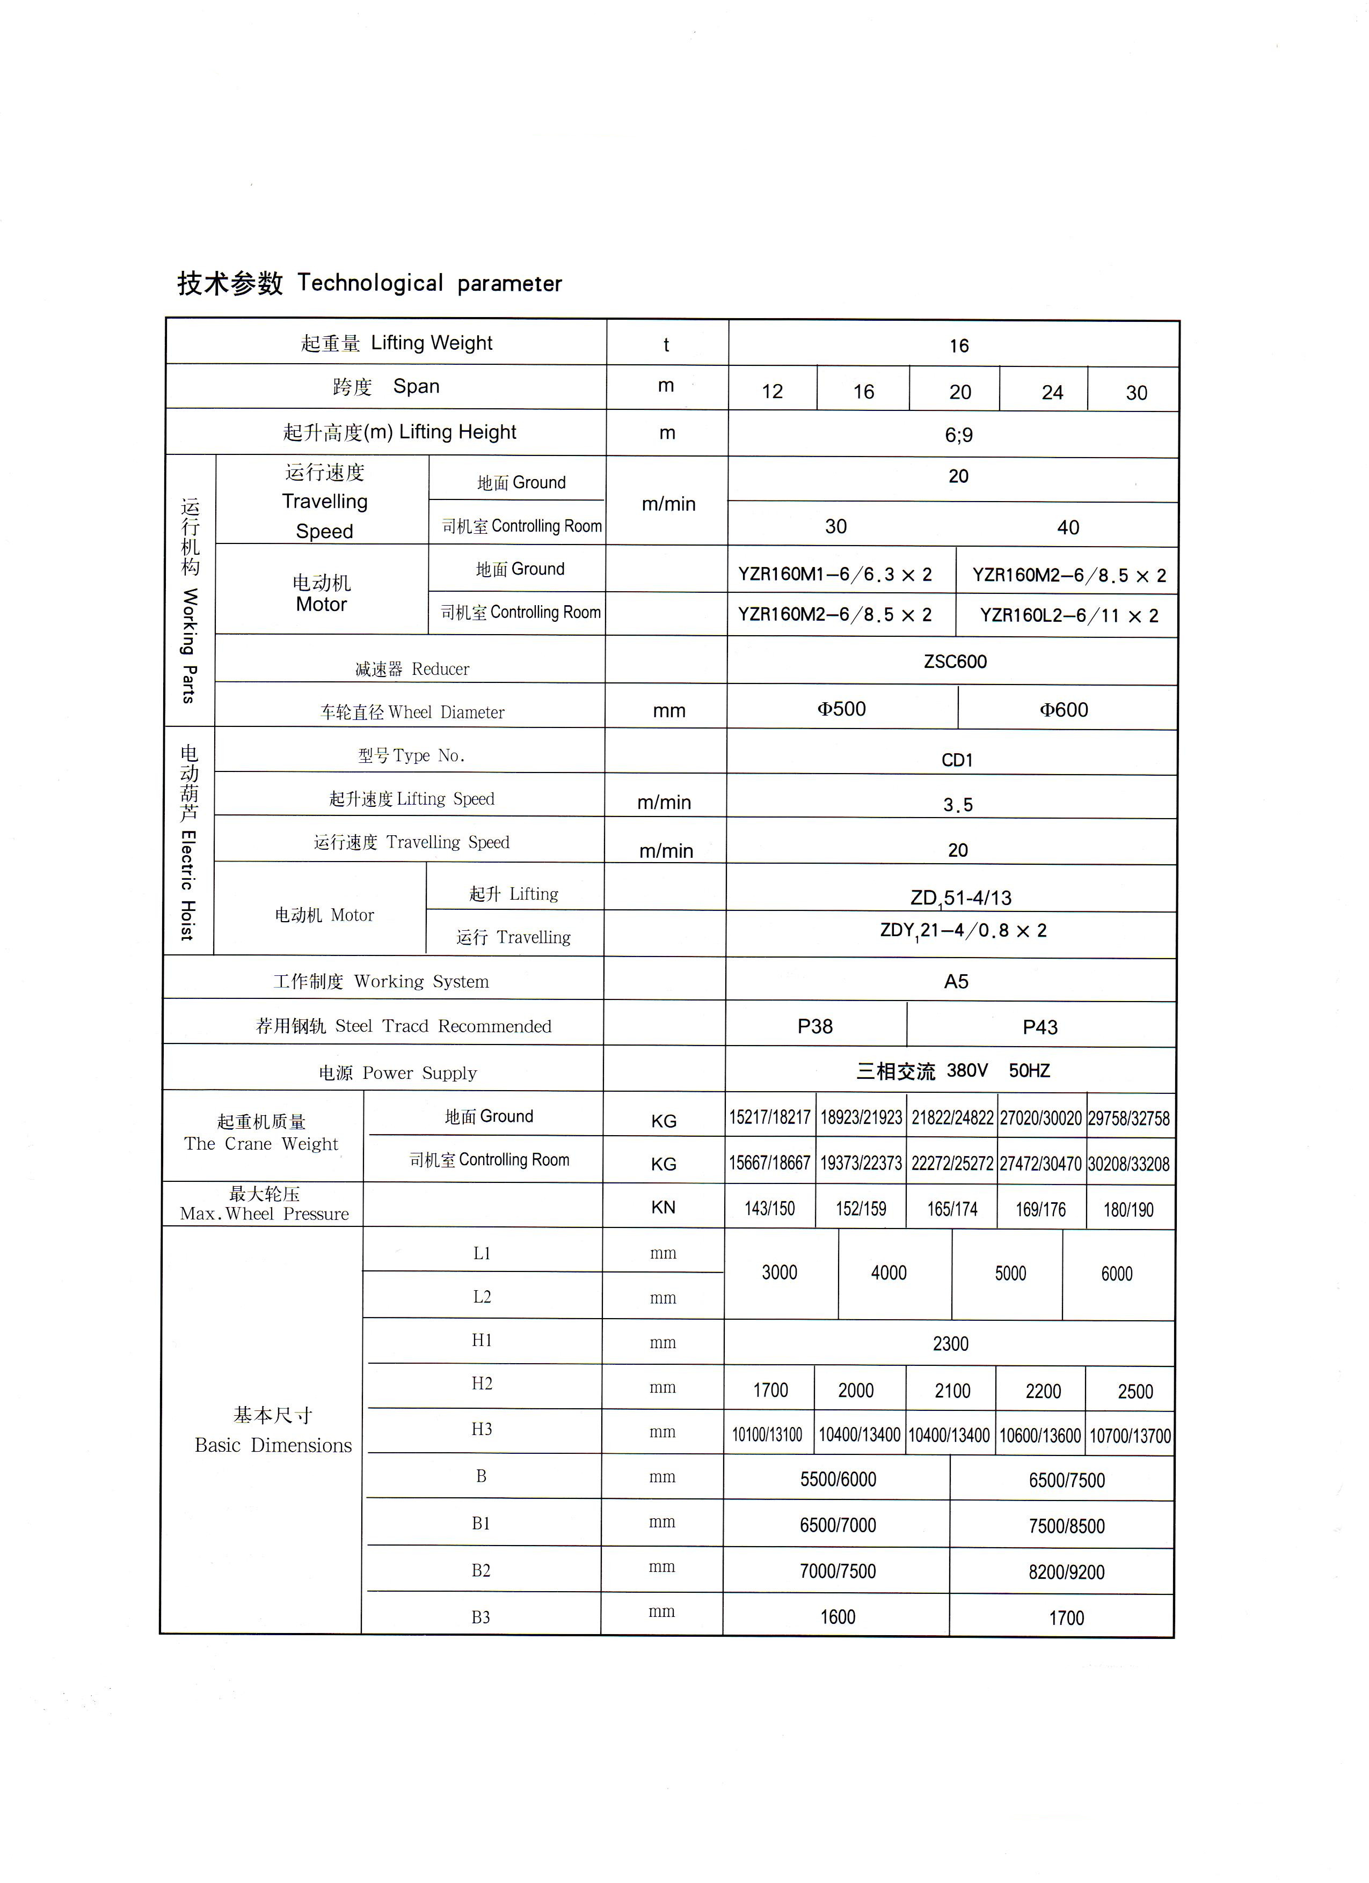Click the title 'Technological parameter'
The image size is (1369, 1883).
429,283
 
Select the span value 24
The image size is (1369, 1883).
1052,392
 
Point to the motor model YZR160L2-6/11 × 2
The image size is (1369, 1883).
1068,615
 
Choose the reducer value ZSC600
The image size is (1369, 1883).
955,661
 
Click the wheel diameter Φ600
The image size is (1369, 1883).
1064,710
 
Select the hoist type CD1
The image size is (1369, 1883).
957,760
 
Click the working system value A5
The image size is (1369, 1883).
956,981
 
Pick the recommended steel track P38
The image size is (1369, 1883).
815,1026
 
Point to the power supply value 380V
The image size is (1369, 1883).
967,1070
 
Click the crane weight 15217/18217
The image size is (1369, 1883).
769,1117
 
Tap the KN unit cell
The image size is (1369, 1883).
663,1207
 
